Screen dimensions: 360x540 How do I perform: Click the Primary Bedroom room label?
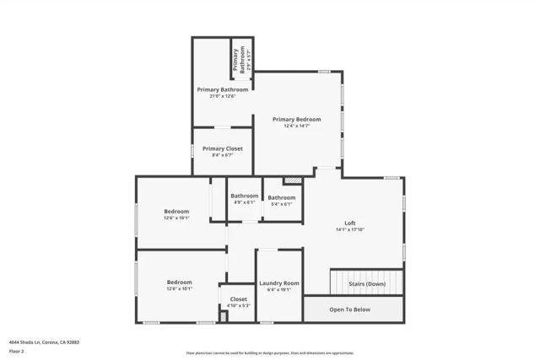click(296, 120)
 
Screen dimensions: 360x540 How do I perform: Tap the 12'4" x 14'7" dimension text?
click(296, 126)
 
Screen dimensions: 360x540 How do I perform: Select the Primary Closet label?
click(222, 148)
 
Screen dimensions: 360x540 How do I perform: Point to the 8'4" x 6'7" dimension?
click(222, 155)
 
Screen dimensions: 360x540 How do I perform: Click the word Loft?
click(350, 223)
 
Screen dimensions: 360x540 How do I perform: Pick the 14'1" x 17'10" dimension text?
click(350, 229)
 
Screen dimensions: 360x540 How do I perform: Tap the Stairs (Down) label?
click(367, 284)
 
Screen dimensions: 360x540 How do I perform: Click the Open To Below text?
click(349, 309)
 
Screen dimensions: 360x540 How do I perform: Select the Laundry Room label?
click(279, 282)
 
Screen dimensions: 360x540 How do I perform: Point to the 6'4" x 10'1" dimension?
click(279, 289)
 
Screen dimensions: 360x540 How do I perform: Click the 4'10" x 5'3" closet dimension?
click(239, 305)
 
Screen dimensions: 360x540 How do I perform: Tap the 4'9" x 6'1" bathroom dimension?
click(245, 203)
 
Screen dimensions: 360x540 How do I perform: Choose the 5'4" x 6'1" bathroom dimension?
click(281, 204)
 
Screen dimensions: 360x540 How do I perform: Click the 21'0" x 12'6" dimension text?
click(223, 96)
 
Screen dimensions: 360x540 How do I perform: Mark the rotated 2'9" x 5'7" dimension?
click(248, 59)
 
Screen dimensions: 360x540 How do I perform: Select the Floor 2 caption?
click(16, 351)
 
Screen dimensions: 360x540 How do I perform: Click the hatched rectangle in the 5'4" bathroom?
click(292, 180)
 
